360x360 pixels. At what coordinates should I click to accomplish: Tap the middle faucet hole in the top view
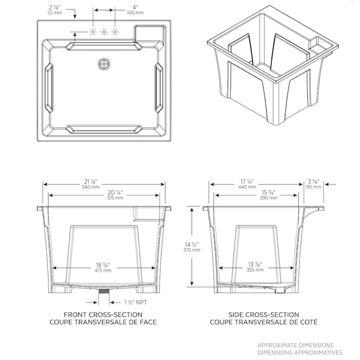104,32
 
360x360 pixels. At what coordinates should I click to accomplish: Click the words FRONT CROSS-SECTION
103,315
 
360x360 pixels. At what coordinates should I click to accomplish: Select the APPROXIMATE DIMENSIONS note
295,345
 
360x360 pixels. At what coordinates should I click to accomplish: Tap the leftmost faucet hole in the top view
93,32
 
